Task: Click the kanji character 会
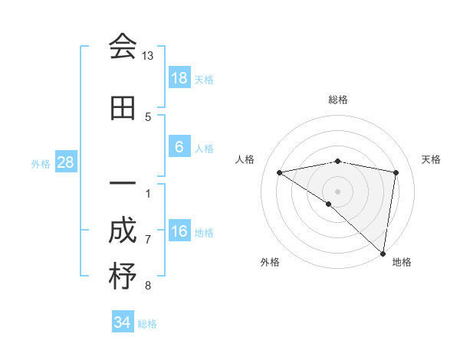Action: point(123,47)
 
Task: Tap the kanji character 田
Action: point(123,109)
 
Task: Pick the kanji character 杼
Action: point(123,277)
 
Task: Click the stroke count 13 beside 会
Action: point(148,56)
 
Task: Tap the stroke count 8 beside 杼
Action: point(148,286)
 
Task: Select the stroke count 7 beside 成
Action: point(148,240)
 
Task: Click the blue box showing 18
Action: point(179,77)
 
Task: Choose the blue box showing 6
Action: point(179,147)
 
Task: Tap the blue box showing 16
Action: point(179,231)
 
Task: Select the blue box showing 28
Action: point(65,162)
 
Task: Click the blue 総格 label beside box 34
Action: point(147,324)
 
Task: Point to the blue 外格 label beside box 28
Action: point(41,163)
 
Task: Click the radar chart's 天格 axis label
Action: point(432,159)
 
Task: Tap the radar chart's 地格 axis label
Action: point(402,262)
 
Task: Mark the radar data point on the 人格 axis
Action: point(279,172)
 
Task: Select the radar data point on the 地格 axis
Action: point(383,253)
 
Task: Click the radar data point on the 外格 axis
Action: point(329,204)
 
